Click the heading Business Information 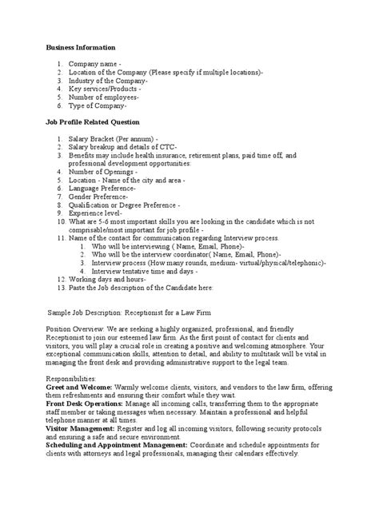pos(82,48)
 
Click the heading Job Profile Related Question pos(93,122)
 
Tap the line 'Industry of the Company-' pos(109,81)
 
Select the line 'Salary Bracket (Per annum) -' pos(113,138)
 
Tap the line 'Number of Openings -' pos(102,171)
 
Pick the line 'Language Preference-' pos(102,188)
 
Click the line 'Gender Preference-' pos(98,196)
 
